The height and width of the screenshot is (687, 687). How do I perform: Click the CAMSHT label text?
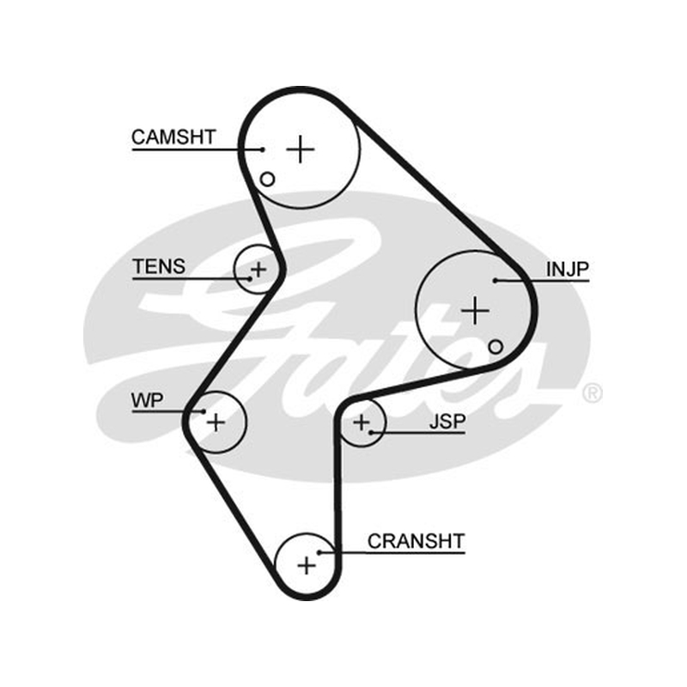174,137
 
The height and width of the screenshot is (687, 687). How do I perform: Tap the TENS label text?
159,266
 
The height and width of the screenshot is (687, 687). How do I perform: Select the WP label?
147,400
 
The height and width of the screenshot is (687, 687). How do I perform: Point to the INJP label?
568,269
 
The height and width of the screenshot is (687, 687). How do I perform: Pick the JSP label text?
447,421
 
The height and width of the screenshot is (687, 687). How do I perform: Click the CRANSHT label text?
416,541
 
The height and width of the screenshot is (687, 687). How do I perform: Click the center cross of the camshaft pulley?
301,149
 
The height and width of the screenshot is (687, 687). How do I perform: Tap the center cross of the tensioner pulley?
258,269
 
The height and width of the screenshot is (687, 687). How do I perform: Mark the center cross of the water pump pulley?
216,423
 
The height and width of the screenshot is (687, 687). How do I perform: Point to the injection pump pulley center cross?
476,311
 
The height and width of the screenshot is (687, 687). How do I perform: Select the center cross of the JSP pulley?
362,423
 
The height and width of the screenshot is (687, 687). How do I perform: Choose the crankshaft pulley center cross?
307,565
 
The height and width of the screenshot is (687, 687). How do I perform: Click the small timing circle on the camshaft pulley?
267,179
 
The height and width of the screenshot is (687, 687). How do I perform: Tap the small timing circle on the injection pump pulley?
495,347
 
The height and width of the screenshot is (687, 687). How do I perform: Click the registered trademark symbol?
593,393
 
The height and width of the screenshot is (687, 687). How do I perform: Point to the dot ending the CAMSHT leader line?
263,149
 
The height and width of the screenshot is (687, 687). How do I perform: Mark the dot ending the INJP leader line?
495,281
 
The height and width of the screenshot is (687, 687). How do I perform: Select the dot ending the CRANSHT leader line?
319,552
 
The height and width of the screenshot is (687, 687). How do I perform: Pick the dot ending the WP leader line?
204,411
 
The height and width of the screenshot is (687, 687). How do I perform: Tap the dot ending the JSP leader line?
371,433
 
